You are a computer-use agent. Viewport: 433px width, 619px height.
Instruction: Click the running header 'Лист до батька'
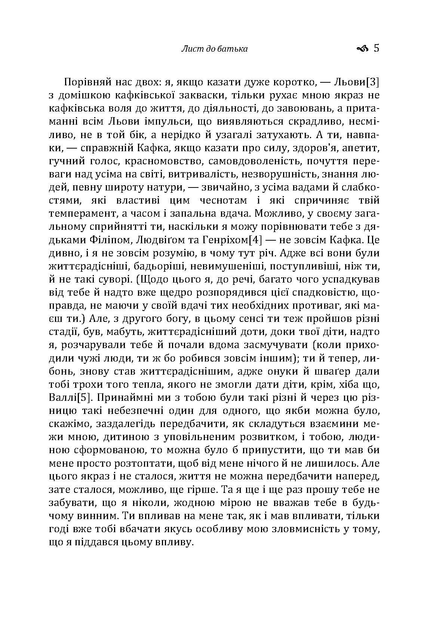(214, 49)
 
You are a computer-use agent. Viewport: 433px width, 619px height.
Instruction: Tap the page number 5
(376, 48)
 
